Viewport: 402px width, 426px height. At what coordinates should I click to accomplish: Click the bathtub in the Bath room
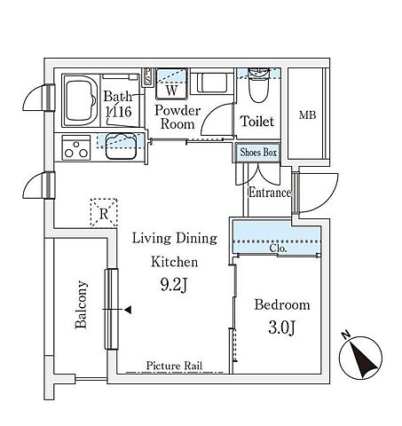tap(81, 100)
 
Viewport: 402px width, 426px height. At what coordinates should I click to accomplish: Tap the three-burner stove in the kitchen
tap(76, 148)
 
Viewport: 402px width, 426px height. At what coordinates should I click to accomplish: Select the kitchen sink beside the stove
tap(121, 146)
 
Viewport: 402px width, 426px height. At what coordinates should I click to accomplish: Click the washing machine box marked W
tap(171, 84)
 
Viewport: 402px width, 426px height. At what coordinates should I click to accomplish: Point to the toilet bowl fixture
tap(258, 85)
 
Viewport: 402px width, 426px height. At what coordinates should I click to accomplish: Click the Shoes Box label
tap(258, 153)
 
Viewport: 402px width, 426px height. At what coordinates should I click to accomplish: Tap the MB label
tap(307, 114)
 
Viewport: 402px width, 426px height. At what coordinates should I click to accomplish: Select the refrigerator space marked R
tap(104, 213)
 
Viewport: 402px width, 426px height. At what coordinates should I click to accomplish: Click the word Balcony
tap(81, 304)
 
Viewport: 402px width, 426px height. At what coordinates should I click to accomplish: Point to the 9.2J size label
tap(174, 285)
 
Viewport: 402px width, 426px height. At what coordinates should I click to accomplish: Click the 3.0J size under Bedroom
tap(281, 327)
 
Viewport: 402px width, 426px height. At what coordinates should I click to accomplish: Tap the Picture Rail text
tap(174, 366)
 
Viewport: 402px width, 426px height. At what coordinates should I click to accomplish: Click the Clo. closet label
tap(278, 248)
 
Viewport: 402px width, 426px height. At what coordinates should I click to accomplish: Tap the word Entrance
tap(270, 193)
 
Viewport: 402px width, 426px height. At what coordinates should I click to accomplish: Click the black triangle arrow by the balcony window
tap(128, 310)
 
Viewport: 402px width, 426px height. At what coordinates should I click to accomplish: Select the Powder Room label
tap(177, 117)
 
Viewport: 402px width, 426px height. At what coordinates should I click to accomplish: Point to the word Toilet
tap(257, 122)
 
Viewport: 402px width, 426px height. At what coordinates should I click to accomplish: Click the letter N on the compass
tap(345, 335)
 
